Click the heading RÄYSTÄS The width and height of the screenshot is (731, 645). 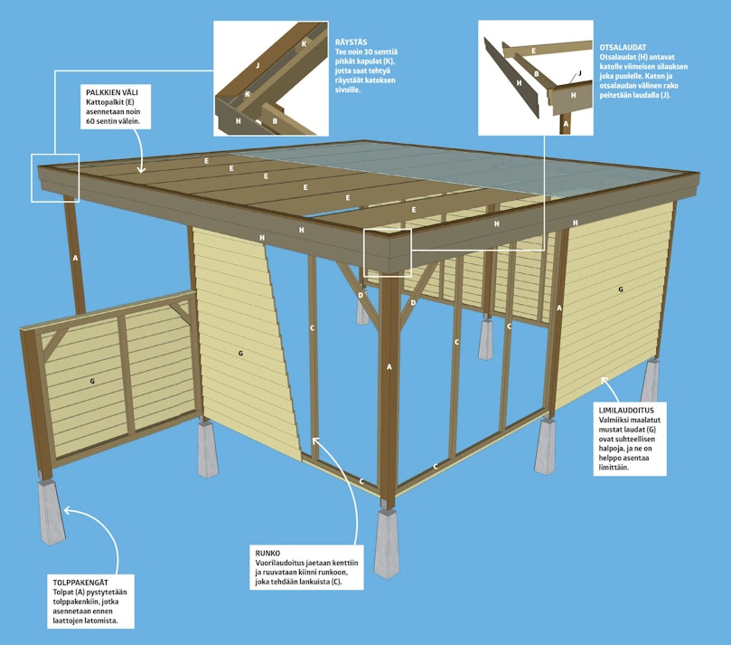click(351, 42)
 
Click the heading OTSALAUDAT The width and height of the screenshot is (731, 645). click(623, 47)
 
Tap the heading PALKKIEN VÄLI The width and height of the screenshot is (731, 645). click(112, 92)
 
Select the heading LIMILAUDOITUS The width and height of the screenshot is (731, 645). click(626, 410)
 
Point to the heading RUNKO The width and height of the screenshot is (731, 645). click(267, 553)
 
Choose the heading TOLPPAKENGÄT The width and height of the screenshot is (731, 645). click(80, 583)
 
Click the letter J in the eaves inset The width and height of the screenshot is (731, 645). click(258, 66)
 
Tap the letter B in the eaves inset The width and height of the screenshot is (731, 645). click(275, 121)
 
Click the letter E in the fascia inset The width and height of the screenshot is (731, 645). click(533, 51)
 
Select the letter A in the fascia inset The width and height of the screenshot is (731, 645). click(566, 124)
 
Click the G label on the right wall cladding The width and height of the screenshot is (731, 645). click(621, 289)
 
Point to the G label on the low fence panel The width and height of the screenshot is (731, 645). click(92, 382)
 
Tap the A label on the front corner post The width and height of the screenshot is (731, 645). click(389, 367)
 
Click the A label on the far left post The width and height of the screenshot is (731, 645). click(76, 258)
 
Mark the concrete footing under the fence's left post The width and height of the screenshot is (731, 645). click(52, 511)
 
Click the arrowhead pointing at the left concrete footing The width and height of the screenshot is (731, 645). click(68, 510)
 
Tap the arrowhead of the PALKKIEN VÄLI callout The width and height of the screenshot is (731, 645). click(142, 169)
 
